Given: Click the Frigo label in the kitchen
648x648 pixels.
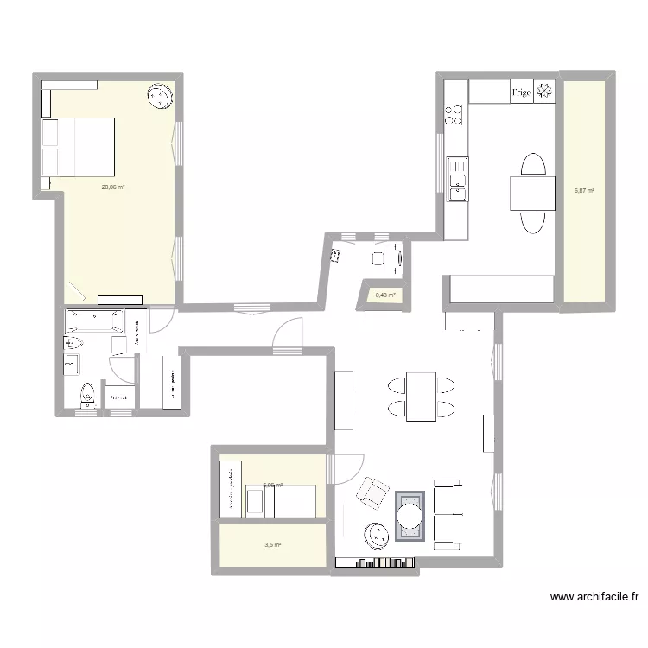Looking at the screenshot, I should (521, 92).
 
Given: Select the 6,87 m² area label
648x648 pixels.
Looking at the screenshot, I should (584, 191).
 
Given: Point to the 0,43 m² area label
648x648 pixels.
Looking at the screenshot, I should (385, 295).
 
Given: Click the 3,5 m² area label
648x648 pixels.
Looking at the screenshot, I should (273, 545).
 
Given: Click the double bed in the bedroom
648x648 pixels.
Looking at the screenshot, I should (79, 147).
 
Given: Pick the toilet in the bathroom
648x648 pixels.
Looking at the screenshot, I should (86, 393).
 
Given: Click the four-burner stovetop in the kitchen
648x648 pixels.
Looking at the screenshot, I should (454, 113).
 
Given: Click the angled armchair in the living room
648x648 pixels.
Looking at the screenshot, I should (373, 492).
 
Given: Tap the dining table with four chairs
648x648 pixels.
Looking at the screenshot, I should (422, 396).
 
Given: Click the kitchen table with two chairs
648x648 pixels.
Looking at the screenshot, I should (531, 193).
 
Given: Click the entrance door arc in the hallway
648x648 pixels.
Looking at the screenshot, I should (288, 333).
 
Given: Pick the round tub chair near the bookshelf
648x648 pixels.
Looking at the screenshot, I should (376, 535).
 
